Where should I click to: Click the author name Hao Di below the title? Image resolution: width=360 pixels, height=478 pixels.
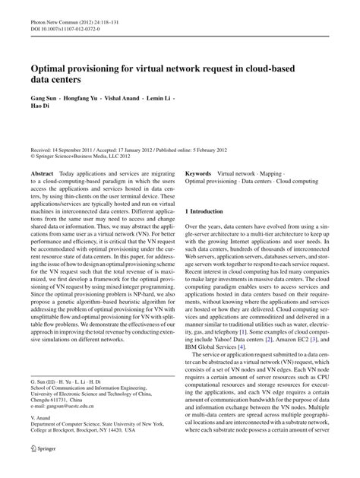pyautogui.click(x=40, y=109)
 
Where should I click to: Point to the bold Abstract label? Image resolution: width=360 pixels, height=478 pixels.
pyautogui.click(x=42, y=175)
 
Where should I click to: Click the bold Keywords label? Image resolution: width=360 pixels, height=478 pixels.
pyautogui.click(x=199, y=175)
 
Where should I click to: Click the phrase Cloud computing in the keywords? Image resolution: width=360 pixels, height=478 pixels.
pyautogui.click(x=297, y=183)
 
